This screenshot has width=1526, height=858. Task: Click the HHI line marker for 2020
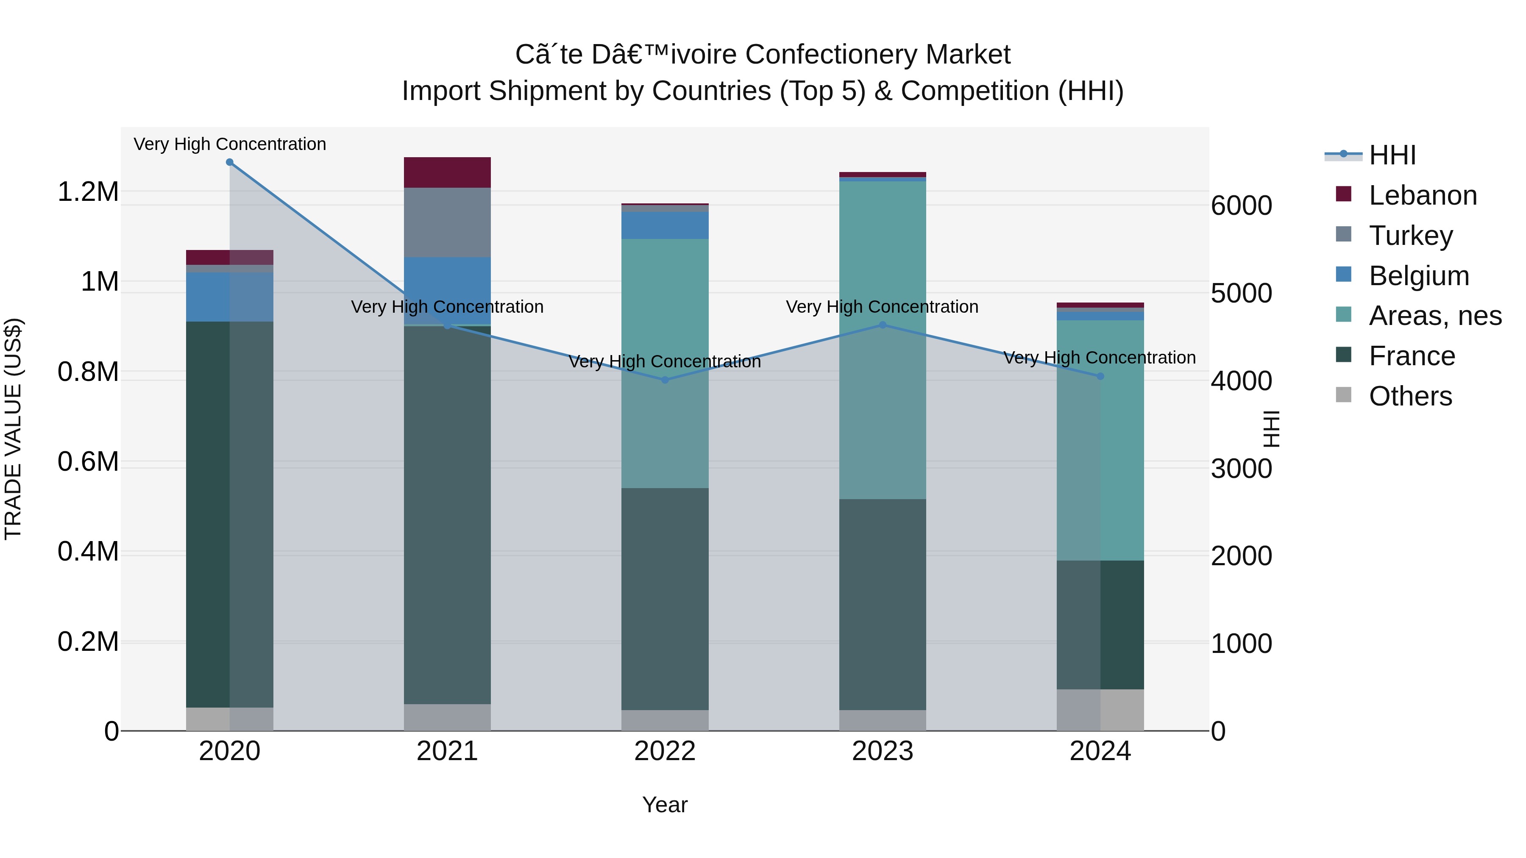point(230,162)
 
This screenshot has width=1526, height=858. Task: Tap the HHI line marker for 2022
point(665,380)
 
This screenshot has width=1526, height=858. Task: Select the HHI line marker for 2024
point(1100,377)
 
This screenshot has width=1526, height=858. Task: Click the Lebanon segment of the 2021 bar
point(447,172)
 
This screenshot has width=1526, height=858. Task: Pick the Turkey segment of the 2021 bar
point(447,222)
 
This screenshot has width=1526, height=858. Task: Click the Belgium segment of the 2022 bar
point(665,225)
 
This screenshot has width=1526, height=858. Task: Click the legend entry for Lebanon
point(1422,195)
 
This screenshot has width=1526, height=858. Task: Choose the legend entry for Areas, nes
point(1434,316)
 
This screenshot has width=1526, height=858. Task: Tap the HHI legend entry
point(1392,155)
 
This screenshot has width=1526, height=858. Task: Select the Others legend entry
point(1410,396)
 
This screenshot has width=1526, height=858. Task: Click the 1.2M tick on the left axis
point(88,192)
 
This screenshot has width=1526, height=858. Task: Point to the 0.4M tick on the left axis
point(88,551)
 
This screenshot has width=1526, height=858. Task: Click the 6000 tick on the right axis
point(1241,205)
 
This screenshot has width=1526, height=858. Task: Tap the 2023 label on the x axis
point(882,751)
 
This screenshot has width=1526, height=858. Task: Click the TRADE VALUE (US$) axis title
point(13,429)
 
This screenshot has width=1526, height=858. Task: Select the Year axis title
point(665,805)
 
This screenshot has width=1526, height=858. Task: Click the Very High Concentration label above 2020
point(230,144)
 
